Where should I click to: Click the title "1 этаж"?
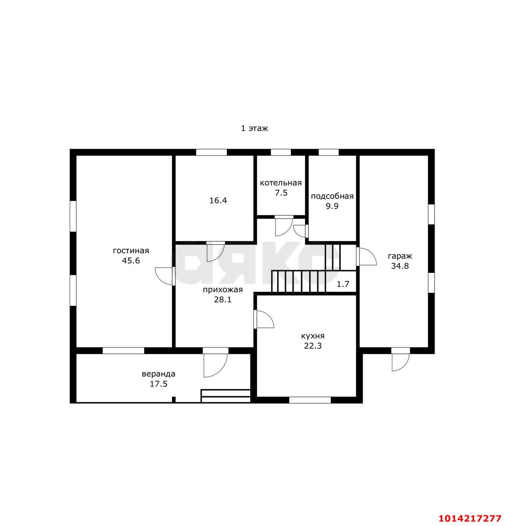point(254,128)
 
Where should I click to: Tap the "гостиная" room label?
point(131,251)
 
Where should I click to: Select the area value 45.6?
point(131,261)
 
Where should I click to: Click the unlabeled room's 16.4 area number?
point(218,201)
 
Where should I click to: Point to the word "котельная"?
point(281,183)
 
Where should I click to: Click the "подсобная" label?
point(332,196)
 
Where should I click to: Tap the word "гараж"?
point(400,256)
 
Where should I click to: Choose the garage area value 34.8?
point(400,266)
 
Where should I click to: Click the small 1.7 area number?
point(343,284)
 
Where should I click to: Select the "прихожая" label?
point(223,290)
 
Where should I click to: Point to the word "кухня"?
point(313,336)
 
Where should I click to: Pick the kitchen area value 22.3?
point(313,346)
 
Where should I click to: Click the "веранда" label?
point(159,374)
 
